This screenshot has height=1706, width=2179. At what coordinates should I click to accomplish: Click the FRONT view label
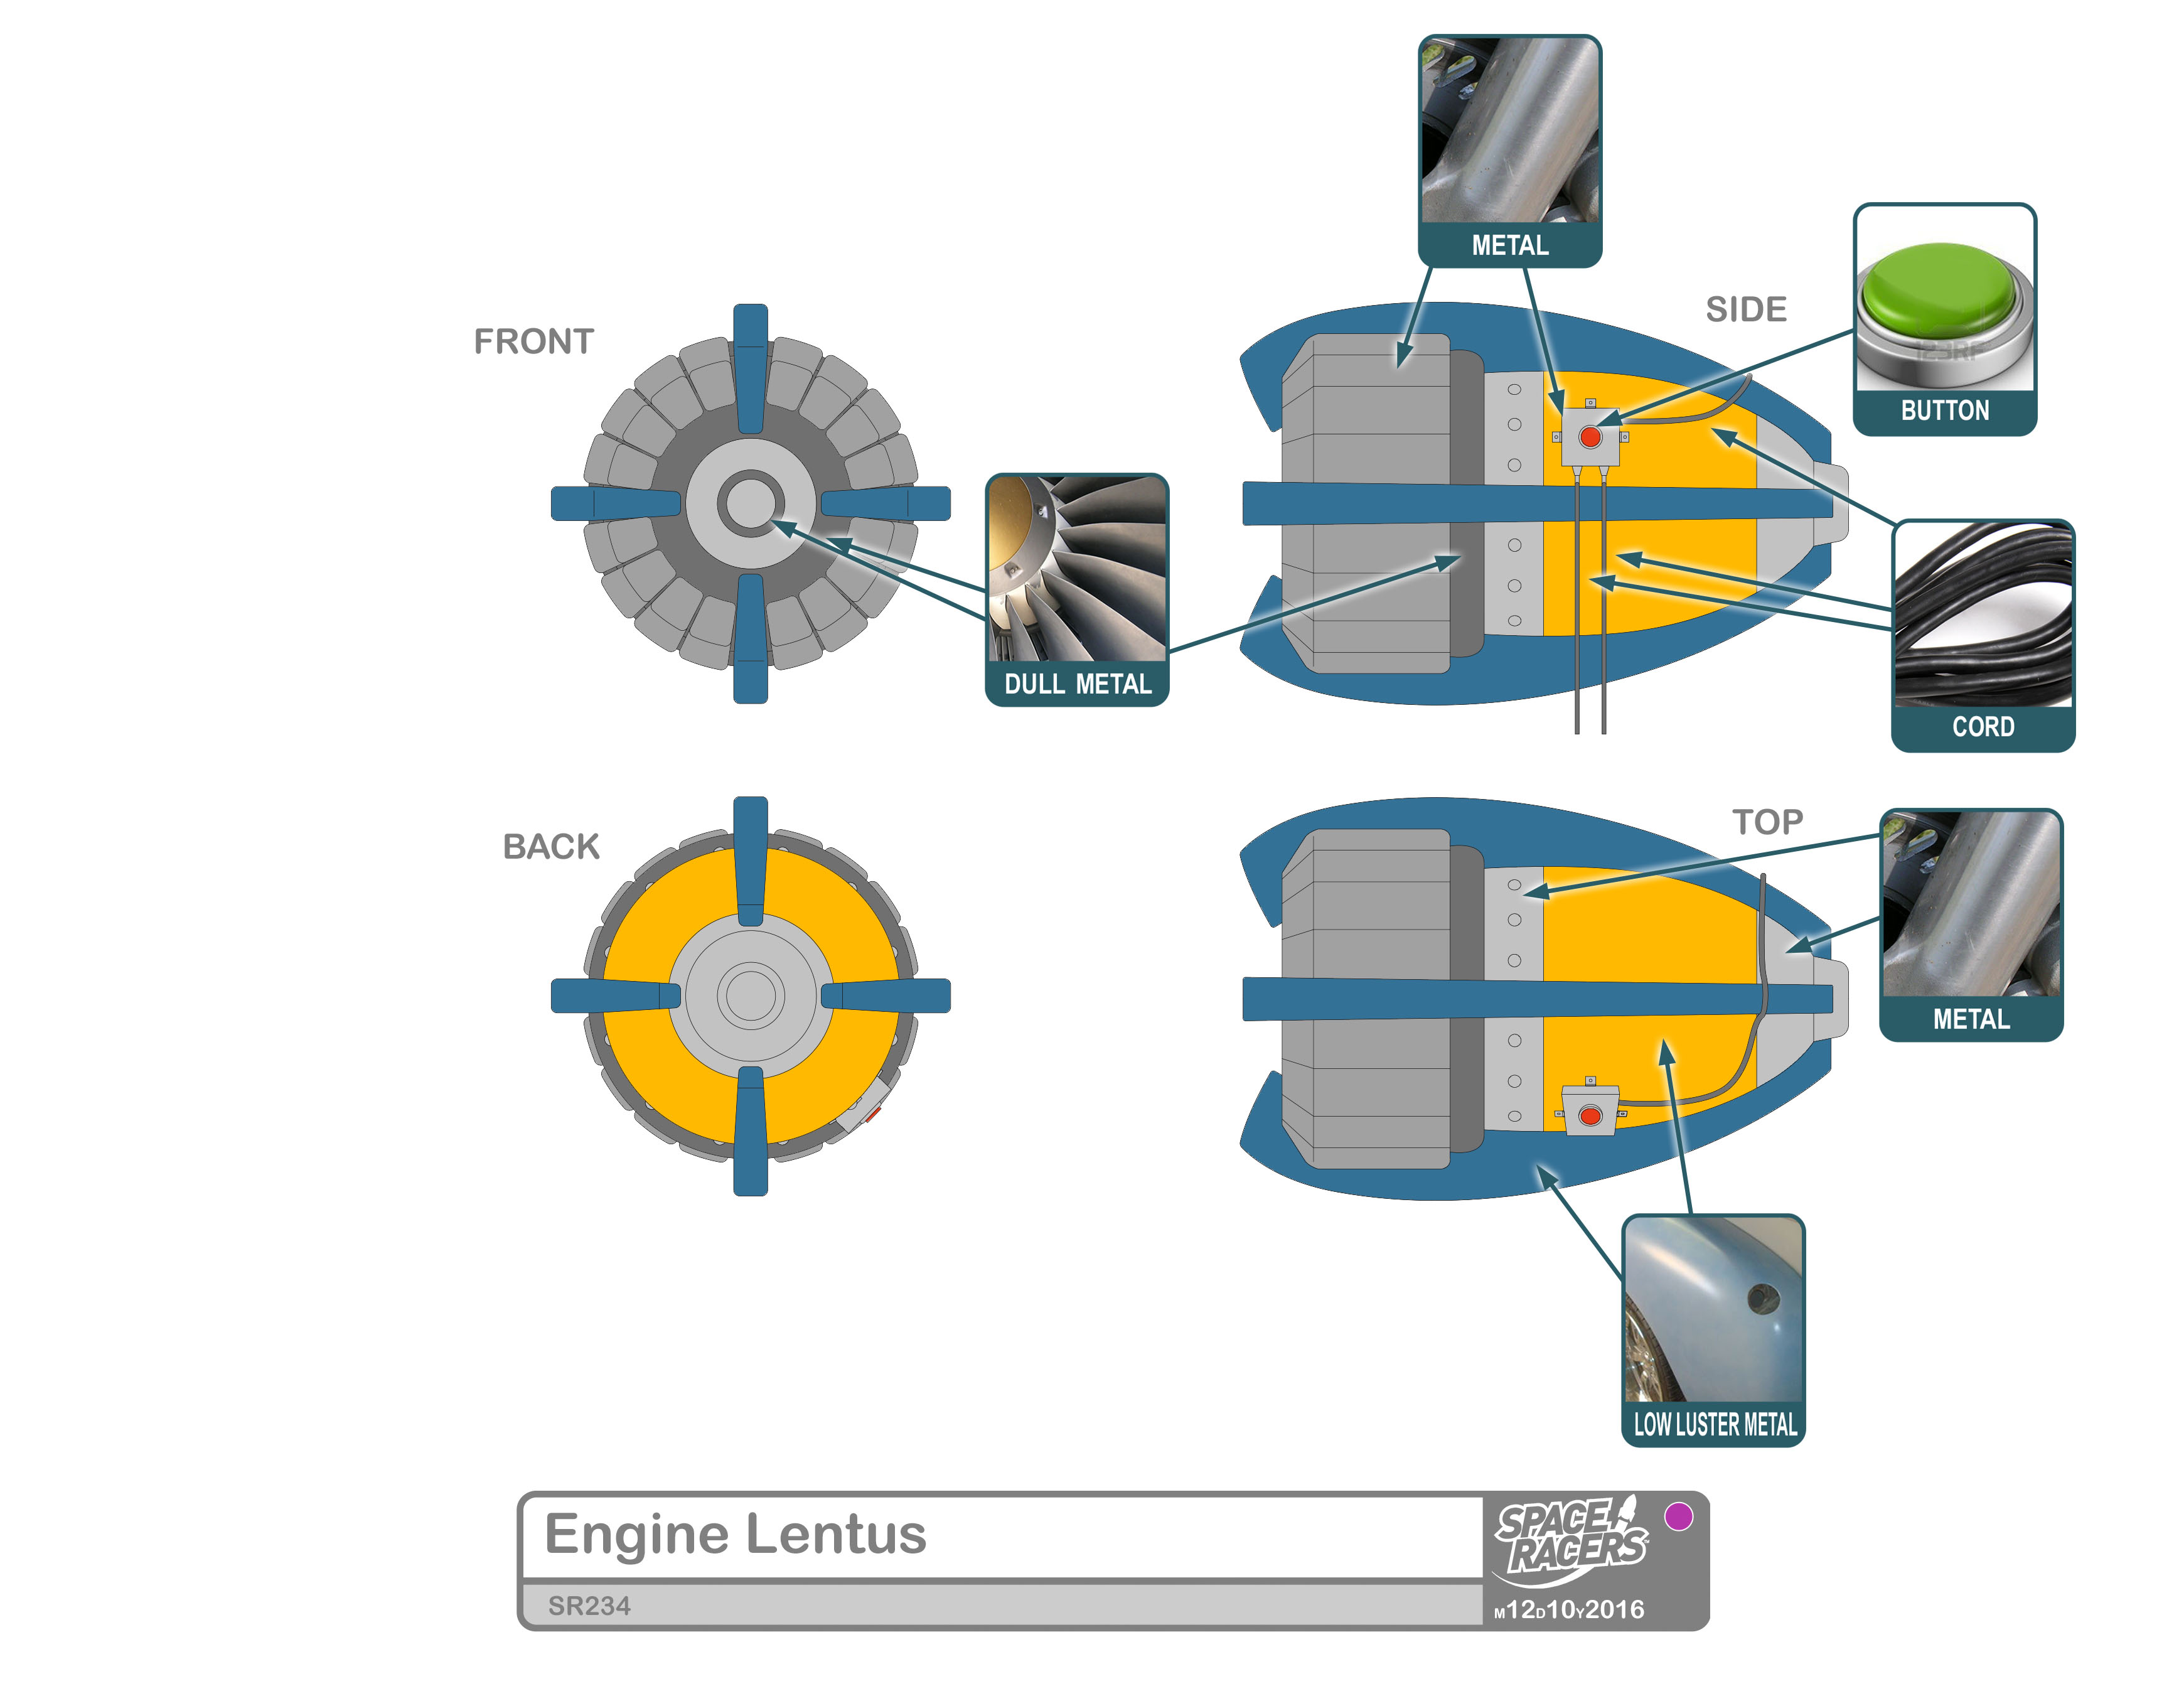tap(533, 341)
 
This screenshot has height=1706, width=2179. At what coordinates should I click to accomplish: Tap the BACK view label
tap(550, 847)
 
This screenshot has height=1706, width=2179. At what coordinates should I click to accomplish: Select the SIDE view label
tap(1745, 309)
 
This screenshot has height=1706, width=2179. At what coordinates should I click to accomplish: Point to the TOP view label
tap(1767, 822)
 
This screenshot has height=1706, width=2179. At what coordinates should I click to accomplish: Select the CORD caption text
tap(1983, 727)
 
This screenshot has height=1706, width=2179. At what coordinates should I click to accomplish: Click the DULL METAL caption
tap(1078, 684)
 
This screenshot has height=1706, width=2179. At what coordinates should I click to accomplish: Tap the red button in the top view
tap(1590, 1115)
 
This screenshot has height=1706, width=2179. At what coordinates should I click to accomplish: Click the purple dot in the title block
tap(1679, 1516)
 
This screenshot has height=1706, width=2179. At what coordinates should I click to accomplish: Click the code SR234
tap(589, 1606)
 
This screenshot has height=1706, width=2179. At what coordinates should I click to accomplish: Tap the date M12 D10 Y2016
tap(1569, 1610)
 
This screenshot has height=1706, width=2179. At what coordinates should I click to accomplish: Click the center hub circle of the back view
tap(750, 995)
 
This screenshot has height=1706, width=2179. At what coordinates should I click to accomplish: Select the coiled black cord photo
tap(1983, 614)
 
